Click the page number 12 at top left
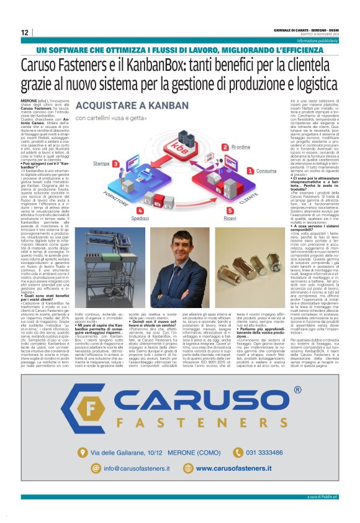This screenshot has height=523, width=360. tap(25, 32)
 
